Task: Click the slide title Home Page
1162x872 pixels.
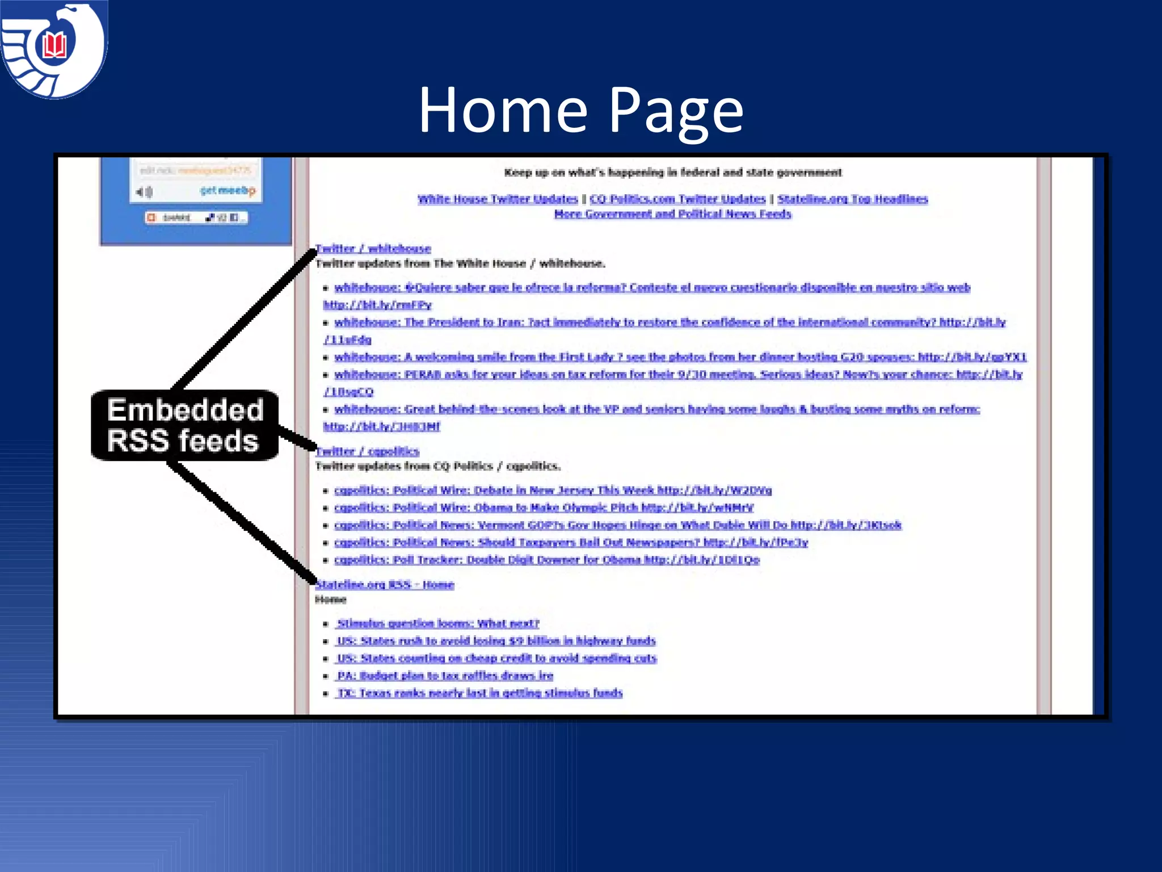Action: (580, 110)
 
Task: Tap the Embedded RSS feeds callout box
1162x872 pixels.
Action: (184, 425)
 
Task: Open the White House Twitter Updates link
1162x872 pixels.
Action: (498, 199)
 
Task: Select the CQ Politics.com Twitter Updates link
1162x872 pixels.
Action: (677, 199)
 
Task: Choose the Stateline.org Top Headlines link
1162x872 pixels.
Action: (852, 199)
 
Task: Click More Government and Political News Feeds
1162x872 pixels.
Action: (672, 214)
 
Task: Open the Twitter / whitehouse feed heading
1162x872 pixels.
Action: (373, 248)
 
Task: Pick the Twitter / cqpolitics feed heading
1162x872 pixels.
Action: (367, 451)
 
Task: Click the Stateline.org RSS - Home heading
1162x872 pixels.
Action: (385, 584)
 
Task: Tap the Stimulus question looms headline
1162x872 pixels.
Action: (437, 623)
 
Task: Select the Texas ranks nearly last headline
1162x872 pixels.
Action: (479, 693)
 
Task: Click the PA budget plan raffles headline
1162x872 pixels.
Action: (445, 676)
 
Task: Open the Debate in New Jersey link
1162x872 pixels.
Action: (553, 490)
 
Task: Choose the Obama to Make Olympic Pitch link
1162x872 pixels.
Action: (544, 508)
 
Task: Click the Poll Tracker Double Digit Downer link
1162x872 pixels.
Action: (546, 560)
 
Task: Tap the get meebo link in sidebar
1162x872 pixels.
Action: (228, 191)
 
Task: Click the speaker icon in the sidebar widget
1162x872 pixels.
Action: (144, 192)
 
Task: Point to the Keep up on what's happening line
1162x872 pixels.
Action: (673, 173)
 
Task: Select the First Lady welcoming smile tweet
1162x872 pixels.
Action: (680, 357)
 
